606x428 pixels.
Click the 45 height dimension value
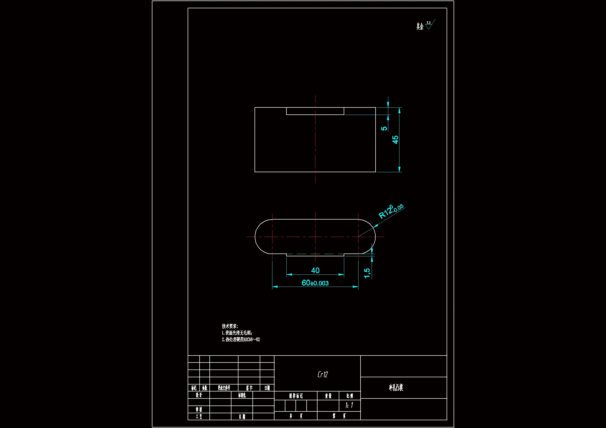click(x=395, y=140)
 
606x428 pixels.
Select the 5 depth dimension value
click(x=384, y=128)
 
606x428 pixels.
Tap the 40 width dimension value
click(x=315, y=270)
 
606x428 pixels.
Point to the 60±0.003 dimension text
click(x=315, y=283)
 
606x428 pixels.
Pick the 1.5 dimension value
click(x=367, y=273)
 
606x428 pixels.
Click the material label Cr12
click(x=322, y=374)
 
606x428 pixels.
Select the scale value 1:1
click(x=349, y=405)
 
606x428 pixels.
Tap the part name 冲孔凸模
click(x=396, y=387)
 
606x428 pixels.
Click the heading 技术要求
click(x=230, y=326)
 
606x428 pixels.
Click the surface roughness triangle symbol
click(x=429, y=26)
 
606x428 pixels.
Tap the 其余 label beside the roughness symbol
click(x=420, y=26)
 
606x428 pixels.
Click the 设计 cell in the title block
click(x=199, y=395)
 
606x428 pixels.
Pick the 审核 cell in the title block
click(x=199, y=409)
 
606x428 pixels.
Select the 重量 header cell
click(x=328, y=396)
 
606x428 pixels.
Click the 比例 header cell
click(x=349, y=396)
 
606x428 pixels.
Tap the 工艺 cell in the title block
click(x=199, y=416)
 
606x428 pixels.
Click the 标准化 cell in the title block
click(x=242, y=395)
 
